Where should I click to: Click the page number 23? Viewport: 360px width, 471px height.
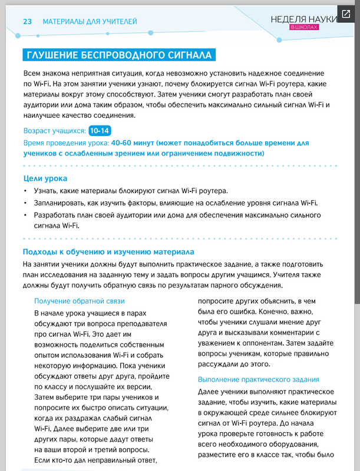pos(27,22)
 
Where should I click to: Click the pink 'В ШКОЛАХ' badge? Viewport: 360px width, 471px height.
pos(304,28)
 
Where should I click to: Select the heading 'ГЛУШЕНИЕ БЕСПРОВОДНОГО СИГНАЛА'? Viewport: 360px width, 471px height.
pos(118,56)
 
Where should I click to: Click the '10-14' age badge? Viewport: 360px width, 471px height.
pos(100,131)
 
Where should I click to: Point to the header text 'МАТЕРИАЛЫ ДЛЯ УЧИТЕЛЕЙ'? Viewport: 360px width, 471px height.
pos(90,22)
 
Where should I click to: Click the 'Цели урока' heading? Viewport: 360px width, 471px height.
pos(45,178)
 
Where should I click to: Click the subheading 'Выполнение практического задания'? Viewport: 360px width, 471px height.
pos(258,380)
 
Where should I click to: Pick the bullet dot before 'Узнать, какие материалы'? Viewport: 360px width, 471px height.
pos(25,191)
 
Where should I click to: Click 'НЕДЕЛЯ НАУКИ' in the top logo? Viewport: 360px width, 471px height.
pos(303,18)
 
